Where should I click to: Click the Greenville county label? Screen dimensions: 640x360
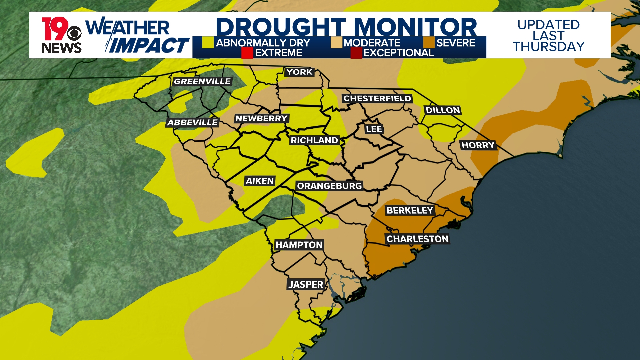(x=202, y=81)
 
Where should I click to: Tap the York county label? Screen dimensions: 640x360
(x=299, y=72)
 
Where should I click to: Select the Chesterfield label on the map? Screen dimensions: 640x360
(x=377, y=98)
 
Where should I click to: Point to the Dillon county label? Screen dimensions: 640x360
(x=443, y=110)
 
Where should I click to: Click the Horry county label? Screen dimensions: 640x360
(x=478, y=145)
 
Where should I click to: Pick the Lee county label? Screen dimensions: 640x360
(x=374, y=129)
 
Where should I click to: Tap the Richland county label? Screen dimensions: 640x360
(x=314, y=140)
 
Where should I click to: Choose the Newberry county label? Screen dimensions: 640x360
(x=261, y=118)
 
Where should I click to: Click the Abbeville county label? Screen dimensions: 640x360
(x=192, y=123)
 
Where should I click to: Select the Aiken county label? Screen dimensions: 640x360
(x=260, y=181)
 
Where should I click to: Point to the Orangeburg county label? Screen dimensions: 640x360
(x=329, y=186)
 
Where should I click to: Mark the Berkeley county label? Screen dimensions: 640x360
(x=410, y=210)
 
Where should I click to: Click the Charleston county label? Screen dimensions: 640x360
(x=417, y=239)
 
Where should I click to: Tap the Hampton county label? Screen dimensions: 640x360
(x=299, y=245)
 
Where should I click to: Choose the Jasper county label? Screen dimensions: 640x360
(x=306, y=284)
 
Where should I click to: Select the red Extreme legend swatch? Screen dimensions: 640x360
(x=247, y=53)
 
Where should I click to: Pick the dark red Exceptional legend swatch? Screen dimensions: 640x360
(x=356, y=53)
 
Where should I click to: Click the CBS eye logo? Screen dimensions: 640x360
(x=74, y=34)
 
